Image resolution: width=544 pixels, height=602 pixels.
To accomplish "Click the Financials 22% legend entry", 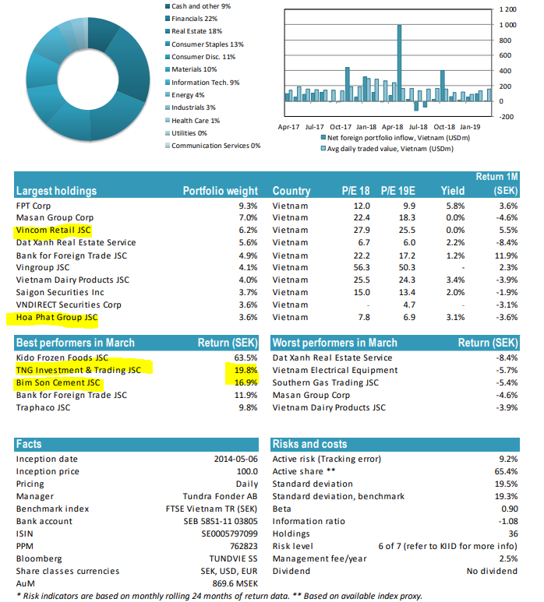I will click(194, 18).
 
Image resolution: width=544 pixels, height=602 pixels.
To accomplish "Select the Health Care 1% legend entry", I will click(195, 120).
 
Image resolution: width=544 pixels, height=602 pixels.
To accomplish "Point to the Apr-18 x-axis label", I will click(393, 125).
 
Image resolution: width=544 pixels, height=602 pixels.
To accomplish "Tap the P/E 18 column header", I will click(355, 191).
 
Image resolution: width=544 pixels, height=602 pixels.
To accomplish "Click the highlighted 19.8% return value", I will click(246, 370).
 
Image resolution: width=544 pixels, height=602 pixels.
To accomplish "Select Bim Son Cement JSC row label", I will click(58, 383).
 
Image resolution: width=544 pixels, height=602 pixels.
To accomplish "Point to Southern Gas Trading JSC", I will click(325, 383).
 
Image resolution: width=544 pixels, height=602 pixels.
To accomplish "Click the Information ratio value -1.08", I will click(503, 521).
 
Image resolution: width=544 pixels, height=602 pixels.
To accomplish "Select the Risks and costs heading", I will click(309, 445).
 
